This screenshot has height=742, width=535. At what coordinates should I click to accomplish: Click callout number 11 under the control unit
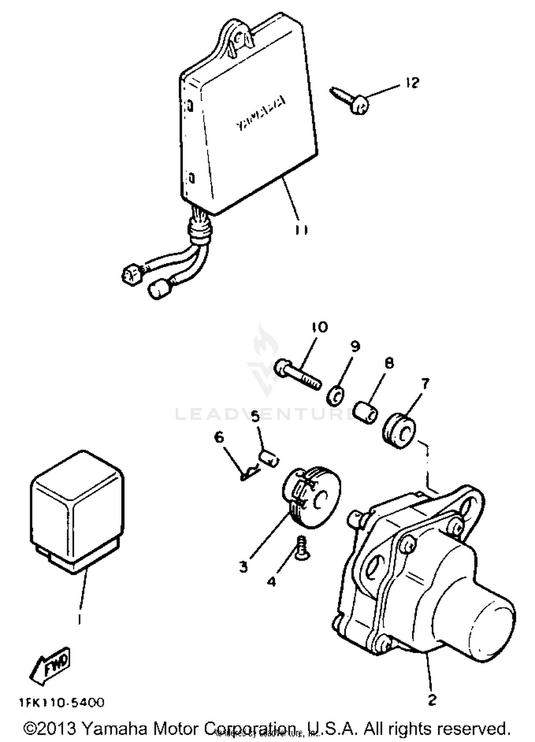pyautogui.click(x=301, y=231)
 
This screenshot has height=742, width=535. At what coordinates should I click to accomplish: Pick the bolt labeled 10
pyautogui.click(x=298, y=374)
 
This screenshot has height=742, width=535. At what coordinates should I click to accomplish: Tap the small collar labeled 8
pyautogui.click(x=365, y=413)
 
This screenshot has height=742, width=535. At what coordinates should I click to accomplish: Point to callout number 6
pyautogui.click(x=219, y=437)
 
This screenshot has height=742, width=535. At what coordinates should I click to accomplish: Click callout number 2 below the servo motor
pyautogui.click(x=432, y=700)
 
